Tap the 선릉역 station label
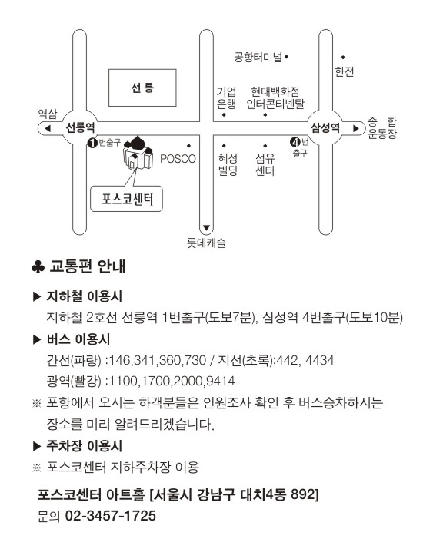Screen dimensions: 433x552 point(81,127)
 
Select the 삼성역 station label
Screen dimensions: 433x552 point(325,127)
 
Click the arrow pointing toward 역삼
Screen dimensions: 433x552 point(48,128)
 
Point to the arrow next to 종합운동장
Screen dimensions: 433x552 point(356,128)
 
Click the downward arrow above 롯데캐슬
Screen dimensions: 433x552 point(207,228)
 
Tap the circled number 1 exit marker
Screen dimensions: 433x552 point(92,143)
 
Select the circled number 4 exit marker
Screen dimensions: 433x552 point(295,142)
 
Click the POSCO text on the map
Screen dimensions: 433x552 point(178,159)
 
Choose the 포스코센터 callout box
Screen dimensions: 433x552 point(127,199)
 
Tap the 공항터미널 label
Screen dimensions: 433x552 point(258,57)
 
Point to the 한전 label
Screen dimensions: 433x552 point(344,71)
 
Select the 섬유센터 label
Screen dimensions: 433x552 point(265,164)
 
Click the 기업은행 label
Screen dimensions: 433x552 point(226,98)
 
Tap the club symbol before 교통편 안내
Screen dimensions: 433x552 point(38,267)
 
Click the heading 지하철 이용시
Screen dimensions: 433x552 point(85,296)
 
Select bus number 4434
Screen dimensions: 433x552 point(319,360)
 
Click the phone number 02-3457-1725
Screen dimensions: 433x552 point(111,516)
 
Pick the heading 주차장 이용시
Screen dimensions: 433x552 point(85,446)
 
